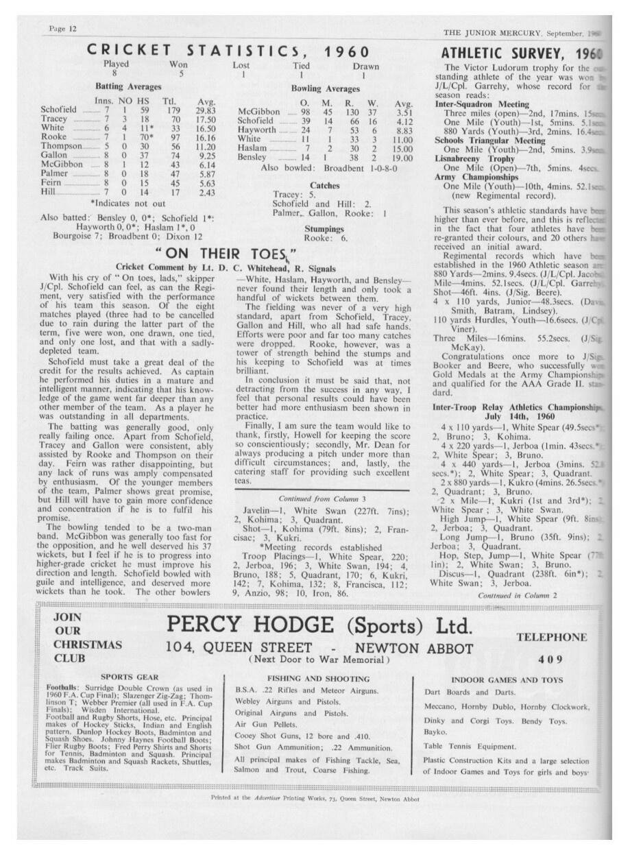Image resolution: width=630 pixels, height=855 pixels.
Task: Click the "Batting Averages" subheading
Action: click(128, 87)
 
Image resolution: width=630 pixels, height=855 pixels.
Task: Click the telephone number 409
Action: click(550, 660)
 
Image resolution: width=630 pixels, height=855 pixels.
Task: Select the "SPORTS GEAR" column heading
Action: click(130, 677)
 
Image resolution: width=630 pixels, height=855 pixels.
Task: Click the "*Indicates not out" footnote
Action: click(127, 204)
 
